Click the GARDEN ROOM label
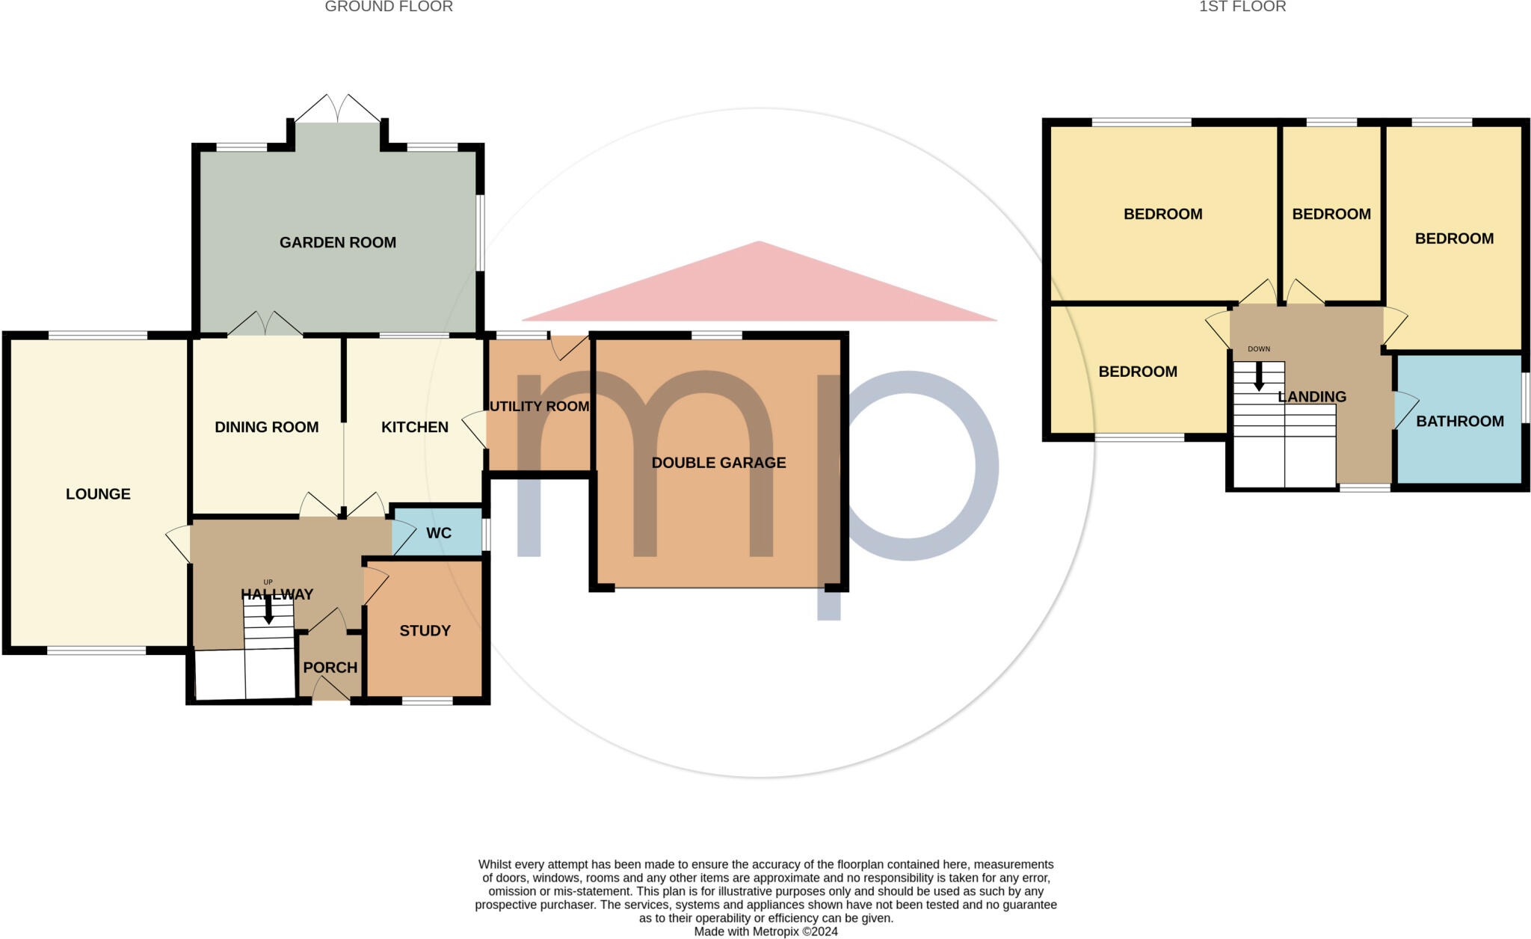click(338, 242)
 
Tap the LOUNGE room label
click(98, 493)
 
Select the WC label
click(439, 533)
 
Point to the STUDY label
click(425, 630)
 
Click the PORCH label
click(330, 667)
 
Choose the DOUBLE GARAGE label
click(718, 463)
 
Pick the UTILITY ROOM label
click(539, 406)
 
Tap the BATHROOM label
click(1459, 421)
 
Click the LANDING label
click(1312, 396)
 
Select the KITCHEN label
click(415, 427)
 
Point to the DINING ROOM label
click(267, 427)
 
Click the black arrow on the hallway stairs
click(268, 611)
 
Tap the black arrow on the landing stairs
click(1259, 377)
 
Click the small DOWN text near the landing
click(1259, 349)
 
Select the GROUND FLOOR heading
click(389, 7)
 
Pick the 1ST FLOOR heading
click(1242, 7)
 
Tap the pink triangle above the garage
click(759, 288)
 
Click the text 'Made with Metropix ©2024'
click(765, 932)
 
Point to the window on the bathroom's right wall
click(1526, 397)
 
